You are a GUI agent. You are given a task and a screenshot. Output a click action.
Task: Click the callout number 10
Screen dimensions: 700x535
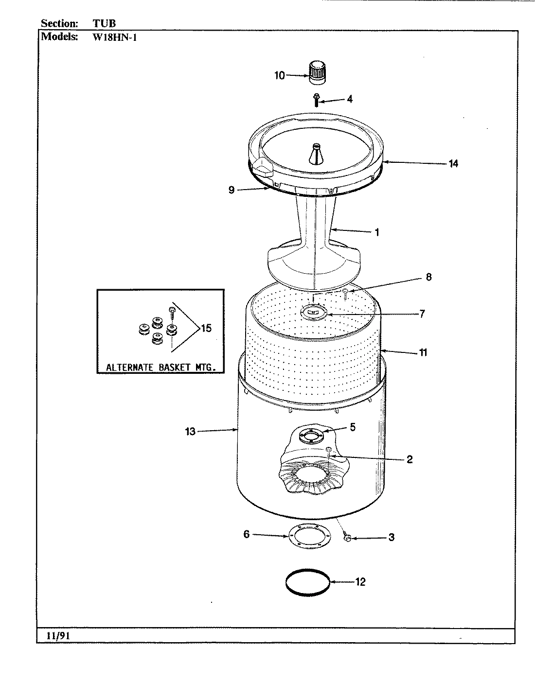(x=280, y=75)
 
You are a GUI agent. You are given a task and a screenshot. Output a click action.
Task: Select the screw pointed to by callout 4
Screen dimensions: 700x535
(x=316, y=100)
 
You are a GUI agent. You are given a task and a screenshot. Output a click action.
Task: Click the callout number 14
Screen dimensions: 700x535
(x=453, y=163)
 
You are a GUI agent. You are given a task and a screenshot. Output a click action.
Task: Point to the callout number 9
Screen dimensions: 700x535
(x=232, y=190)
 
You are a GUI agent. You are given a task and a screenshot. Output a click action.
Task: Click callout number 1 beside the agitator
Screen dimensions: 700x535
(x=376, y=232)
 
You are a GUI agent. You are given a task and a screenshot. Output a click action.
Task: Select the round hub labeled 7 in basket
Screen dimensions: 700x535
(x=314, y=312)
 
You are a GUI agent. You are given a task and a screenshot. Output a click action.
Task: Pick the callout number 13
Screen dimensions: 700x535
(x=190, y=431)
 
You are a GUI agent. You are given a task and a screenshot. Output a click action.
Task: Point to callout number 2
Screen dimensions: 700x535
(x=409, y=459)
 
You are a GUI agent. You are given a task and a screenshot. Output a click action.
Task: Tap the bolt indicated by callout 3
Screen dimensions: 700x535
(x=347, y=538)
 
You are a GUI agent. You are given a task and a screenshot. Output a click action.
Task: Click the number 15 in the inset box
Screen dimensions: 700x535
(x=206, y=329)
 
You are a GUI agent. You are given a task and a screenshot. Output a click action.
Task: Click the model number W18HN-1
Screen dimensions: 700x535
(x=114, y=37)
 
